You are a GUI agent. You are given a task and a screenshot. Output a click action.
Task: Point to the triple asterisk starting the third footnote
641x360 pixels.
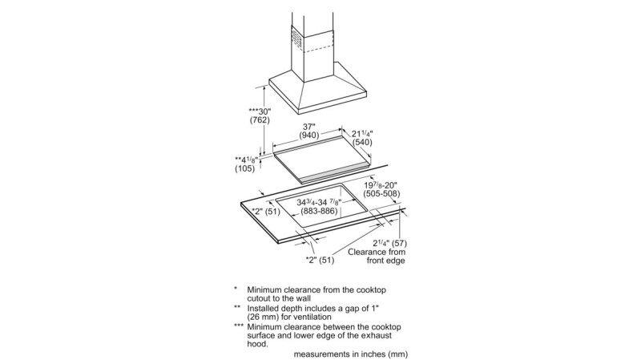(x=238, y=327)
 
